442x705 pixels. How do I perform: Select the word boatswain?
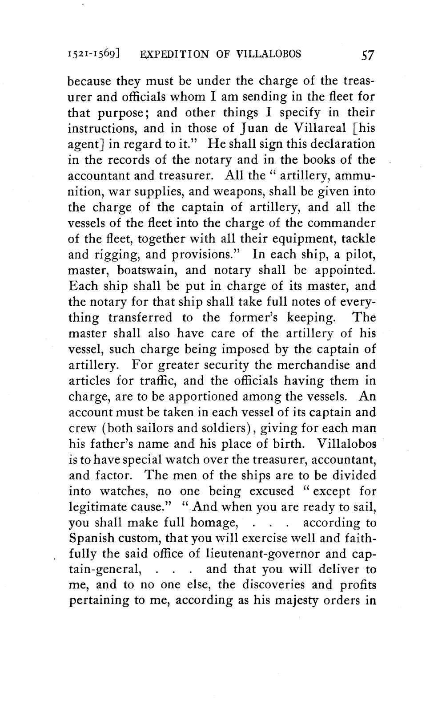tap(148, 270)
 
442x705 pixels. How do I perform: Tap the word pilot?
tap(358, 255)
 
